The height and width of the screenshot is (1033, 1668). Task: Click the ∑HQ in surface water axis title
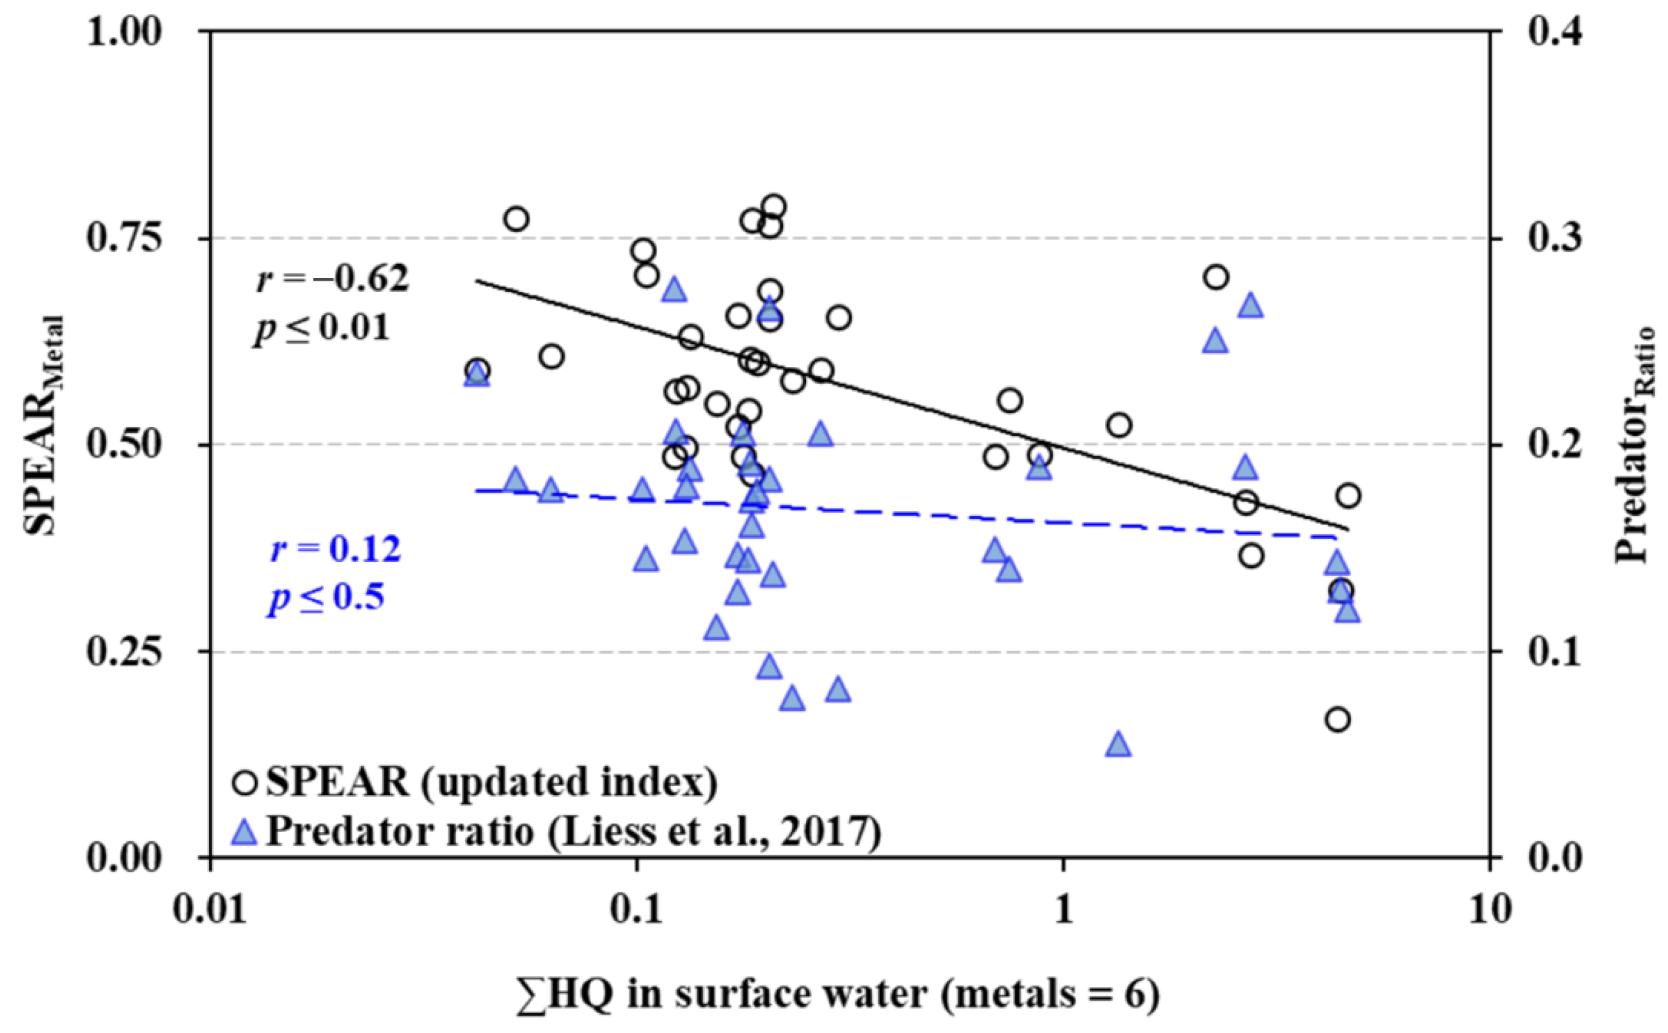pos(838,995)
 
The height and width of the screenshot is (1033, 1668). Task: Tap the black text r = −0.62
pos(333,278)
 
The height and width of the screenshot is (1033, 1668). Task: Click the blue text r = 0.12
pos(335,549)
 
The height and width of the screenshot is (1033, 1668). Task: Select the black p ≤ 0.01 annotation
pos(322,328)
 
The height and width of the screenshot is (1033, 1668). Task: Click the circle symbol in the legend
pos(244,783)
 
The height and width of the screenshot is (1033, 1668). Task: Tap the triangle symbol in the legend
pos(244,833)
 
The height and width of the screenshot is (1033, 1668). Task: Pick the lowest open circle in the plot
pos(1338,719)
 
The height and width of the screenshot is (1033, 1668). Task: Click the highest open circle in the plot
pos(774,206)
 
